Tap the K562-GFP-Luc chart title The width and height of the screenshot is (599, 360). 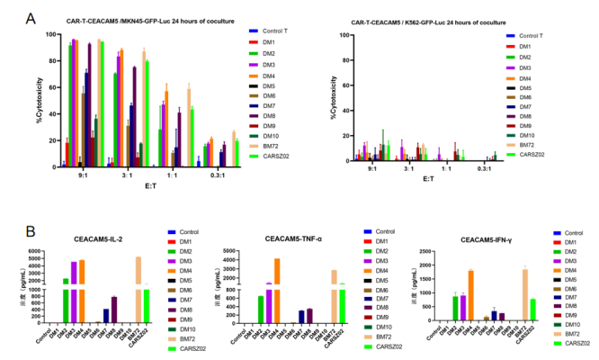click(x=435, y=19)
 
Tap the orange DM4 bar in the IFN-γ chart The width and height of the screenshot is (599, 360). click(x=470, y=296)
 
